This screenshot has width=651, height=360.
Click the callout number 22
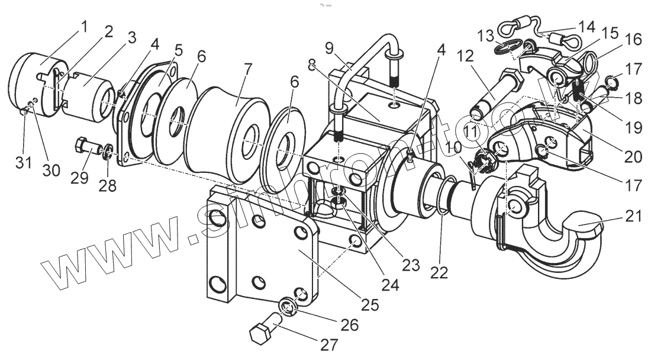click(440, 272)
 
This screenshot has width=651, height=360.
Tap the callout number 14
click(588, 27)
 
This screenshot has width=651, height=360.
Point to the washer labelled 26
click(288, 306)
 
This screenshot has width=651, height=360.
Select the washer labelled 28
click(108, 155)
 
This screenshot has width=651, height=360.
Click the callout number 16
click(633, 39)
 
